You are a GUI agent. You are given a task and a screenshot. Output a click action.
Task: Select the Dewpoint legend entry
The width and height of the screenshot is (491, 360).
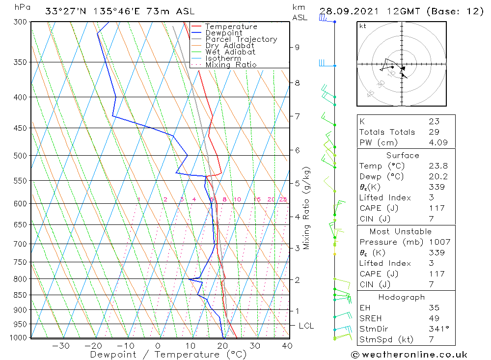223,33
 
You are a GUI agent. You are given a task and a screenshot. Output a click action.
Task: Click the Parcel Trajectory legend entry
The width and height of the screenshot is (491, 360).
241,39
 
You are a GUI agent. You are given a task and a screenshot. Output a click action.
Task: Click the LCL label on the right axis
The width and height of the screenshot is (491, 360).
306,326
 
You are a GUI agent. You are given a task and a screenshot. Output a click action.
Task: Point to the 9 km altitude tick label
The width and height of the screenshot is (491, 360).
297,47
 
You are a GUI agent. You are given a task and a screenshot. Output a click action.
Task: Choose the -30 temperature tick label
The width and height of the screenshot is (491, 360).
61,346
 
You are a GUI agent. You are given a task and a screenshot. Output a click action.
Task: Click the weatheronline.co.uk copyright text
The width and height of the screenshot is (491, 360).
409,355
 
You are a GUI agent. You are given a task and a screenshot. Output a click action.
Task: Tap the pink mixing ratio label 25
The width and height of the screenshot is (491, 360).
283,199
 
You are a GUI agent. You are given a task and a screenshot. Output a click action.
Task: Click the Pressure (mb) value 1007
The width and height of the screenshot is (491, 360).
436,242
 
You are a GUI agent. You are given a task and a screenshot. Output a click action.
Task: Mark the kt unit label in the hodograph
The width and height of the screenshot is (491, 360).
362,26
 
